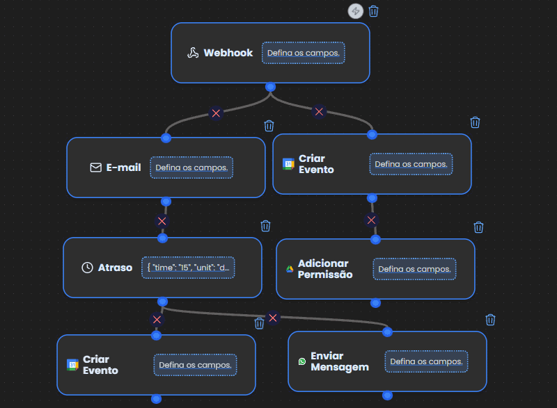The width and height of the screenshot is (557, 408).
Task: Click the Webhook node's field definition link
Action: (304, 53)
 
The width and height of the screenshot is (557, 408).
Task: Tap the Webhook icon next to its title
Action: (193, 53)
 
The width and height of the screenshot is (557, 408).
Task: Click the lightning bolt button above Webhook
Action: (356, 11)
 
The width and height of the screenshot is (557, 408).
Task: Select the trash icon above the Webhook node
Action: (373, 11)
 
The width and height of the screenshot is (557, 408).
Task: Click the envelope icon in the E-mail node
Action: (96, 168)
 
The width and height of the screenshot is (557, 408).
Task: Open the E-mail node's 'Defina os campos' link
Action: (191, 168)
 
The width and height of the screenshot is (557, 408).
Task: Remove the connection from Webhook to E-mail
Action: (216, 113)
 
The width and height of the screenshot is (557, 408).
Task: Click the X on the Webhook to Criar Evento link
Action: (319, 112)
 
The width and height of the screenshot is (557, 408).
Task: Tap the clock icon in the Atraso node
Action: (88, 268)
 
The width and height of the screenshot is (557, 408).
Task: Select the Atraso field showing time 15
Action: (188, 268)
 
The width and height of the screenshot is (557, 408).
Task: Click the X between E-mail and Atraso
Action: (162, 221)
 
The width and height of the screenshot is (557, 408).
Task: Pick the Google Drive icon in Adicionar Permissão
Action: (290, 269)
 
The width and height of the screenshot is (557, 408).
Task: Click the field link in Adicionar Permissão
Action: (414, 269)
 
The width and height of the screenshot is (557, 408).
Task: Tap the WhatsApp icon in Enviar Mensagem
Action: (302, 361)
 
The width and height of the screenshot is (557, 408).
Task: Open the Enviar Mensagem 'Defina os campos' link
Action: (426, 361)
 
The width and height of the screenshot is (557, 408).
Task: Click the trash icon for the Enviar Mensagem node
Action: (491, 320)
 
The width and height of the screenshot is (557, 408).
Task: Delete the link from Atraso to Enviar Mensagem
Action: (273, 318)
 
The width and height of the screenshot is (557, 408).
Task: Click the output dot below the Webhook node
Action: (270, 87)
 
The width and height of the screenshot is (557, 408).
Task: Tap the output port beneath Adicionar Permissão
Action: (375, 303)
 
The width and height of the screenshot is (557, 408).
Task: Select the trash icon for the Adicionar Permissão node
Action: (478, 227)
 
